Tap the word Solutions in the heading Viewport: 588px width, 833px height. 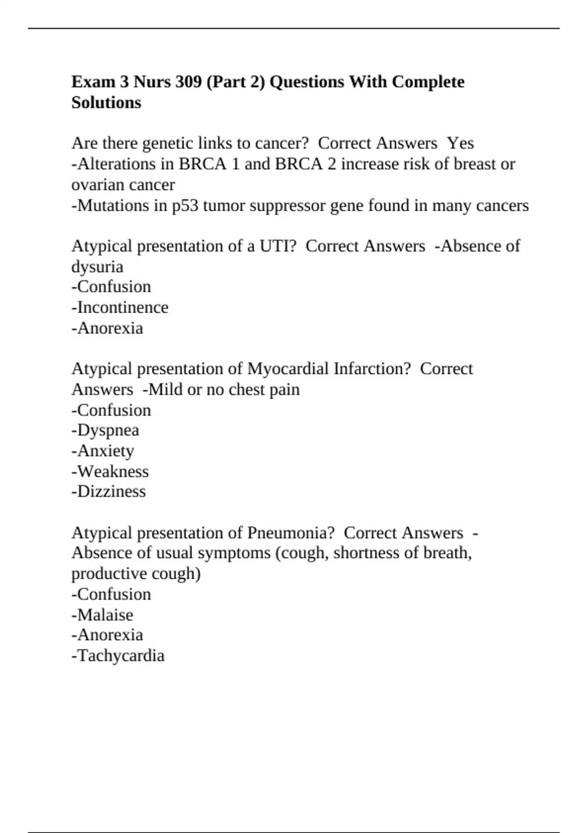(x=106, y=103)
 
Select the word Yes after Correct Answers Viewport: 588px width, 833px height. (x=461, y=143)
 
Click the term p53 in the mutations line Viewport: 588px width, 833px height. (x=185, y=205)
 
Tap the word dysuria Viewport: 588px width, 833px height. (x=97, y=267)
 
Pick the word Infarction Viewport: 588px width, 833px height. (x=372, y=368)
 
